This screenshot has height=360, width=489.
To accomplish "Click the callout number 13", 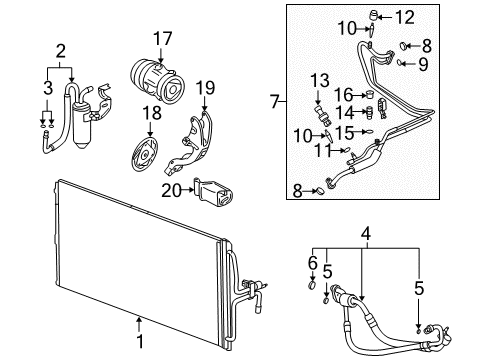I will coord(318,81).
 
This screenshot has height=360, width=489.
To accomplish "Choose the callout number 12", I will coord(404,17).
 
